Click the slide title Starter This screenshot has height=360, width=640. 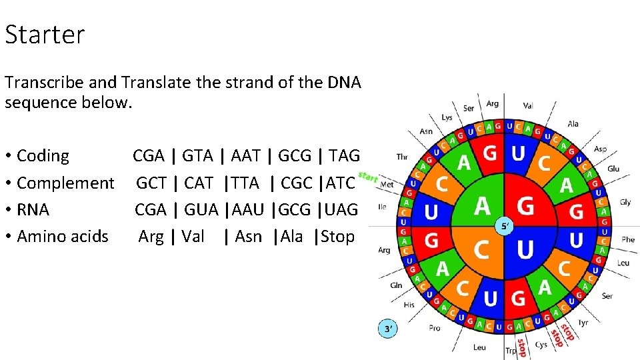[x=45, y=35]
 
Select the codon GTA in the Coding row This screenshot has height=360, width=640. [x=197, y=156]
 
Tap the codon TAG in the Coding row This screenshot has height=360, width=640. [x=344, y=156]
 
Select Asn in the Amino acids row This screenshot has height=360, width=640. [x=249, y=236]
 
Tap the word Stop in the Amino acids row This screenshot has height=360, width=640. [x=338, y=236]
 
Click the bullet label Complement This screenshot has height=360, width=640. [x=65, y=183]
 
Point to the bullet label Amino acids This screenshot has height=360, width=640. [x=62, y=236]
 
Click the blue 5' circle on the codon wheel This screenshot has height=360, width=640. [x=505, y=226]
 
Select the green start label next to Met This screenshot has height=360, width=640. [x=368, y=177]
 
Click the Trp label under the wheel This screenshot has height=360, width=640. [x=511, y=351]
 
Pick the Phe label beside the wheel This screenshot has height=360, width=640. [x=627, y=239]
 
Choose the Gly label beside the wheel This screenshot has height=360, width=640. [x=625, y=202]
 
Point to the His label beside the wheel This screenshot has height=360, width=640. [x=409, y=305]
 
